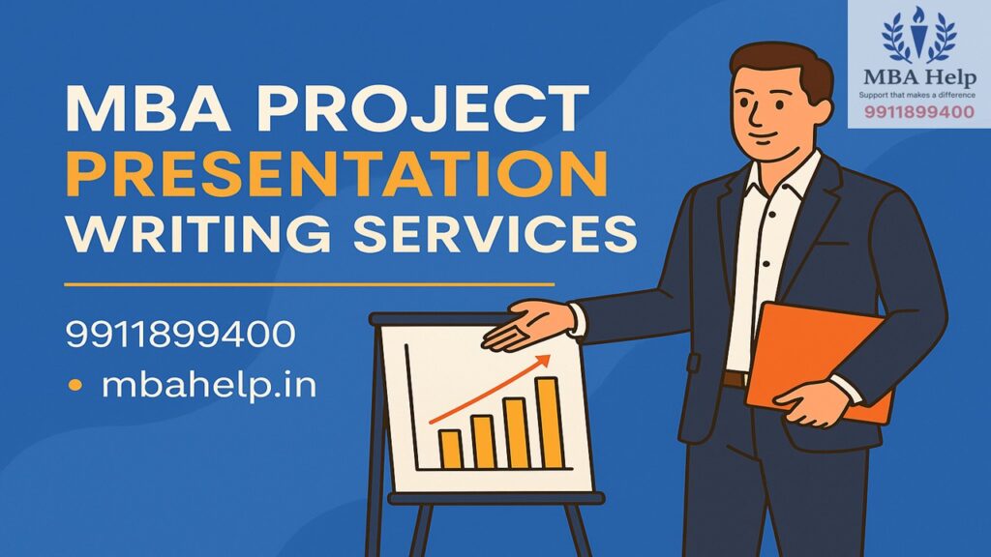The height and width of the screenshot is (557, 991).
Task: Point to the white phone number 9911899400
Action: (180, 336)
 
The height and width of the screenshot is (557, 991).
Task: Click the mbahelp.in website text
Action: (208, 387)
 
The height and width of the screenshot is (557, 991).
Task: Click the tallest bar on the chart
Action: (549, 422)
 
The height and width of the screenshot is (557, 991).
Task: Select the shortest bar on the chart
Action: (450, 449)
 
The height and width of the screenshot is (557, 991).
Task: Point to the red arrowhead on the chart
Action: (543, 362)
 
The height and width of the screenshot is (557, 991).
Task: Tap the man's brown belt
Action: (736, 378)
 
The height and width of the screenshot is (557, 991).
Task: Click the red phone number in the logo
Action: (918, 112)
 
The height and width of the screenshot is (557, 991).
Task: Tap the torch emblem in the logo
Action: (918, 33)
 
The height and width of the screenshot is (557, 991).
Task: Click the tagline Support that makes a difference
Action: (918, 95)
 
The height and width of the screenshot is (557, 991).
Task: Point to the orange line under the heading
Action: (309, 285)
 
